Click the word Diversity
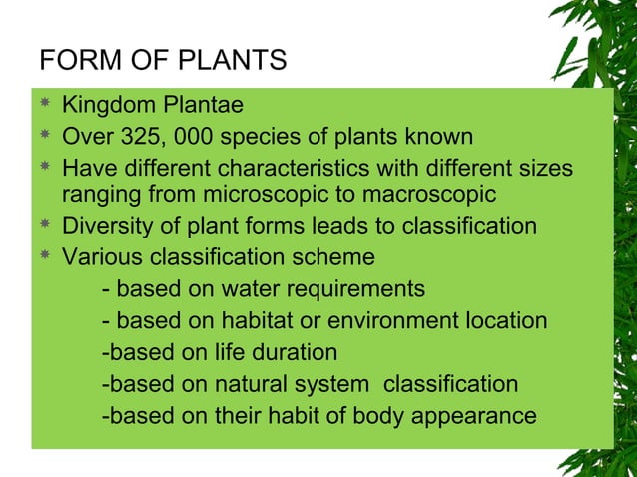click(x=106, y=226)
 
